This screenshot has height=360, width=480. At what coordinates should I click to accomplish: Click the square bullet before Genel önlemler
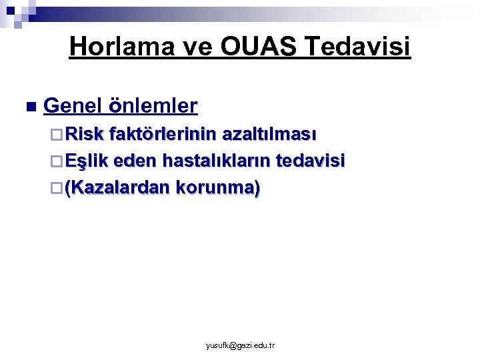(x=29, y=107)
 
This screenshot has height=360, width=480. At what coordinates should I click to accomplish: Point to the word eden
(x=131, y=161)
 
